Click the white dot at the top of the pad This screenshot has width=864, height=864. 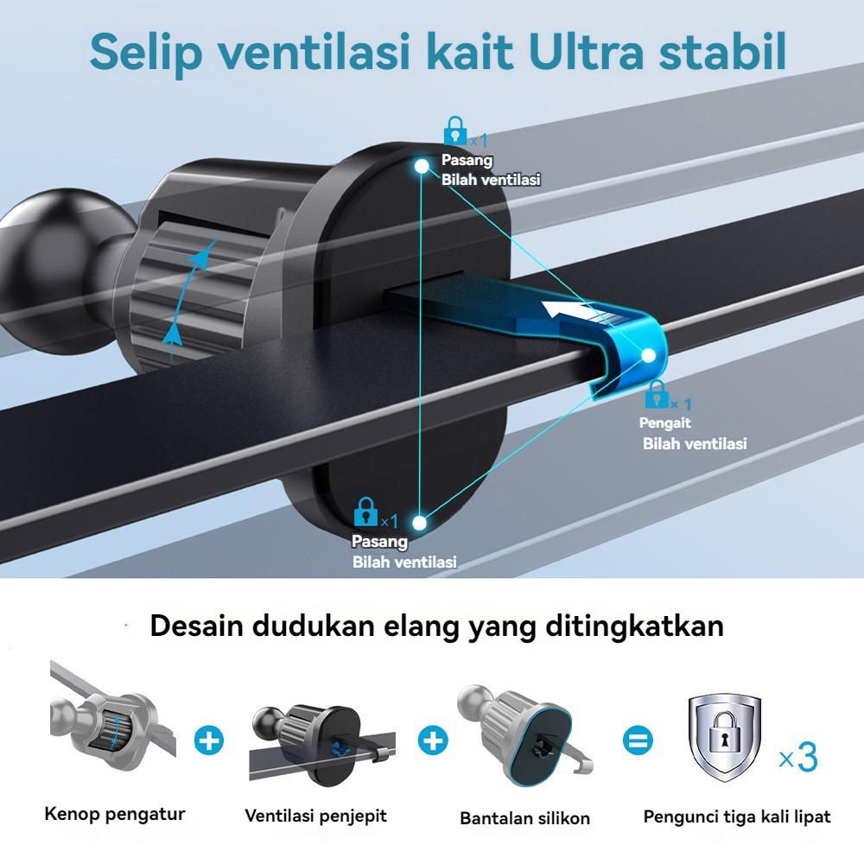coord(422,165)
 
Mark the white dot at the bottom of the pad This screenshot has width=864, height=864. coord(420,522)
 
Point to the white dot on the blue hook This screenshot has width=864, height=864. coord(648,355)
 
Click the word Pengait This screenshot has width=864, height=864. coord(664,423)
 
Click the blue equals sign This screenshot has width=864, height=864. coord(639,740)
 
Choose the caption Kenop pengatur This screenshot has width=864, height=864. coord(115,814)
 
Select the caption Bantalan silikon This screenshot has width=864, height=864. coord(525,818)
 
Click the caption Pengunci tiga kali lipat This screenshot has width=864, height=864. coord(737,816)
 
